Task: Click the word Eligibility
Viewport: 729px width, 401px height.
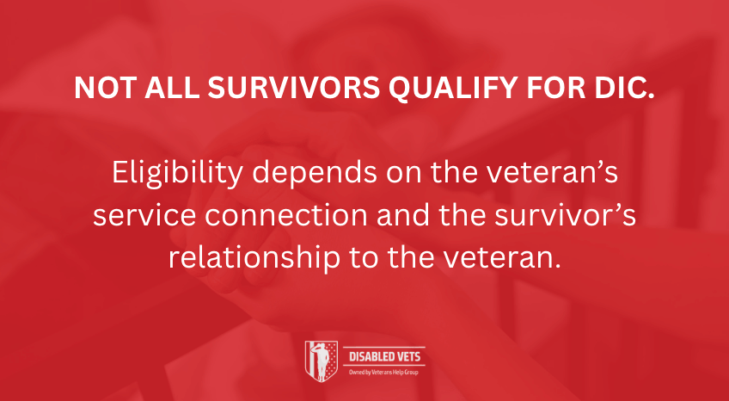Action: point(177,174)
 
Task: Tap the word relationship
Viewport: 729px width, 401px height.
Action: point(254,260)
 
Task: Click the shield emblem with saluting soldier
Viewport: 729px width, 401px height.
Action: point(321,361)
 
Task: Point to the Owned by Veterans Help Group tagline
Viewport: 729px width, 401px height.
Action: point(383,372)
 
